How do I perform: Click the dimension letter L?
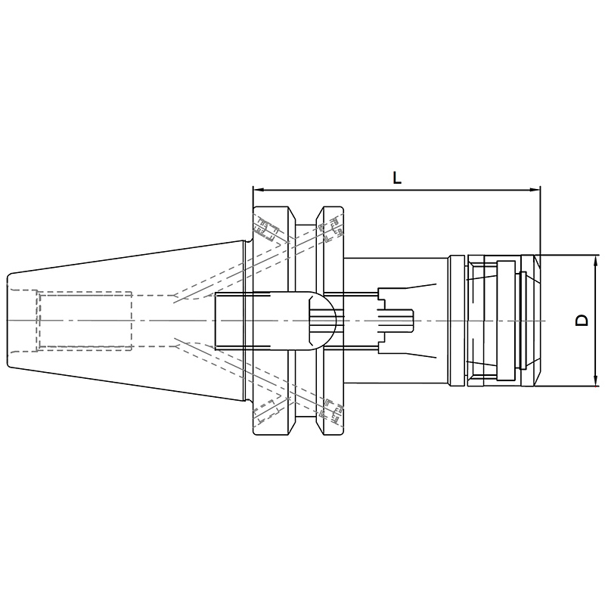396,178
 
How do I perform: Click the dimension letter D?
582,320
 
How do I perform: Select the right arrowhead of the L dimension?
535,190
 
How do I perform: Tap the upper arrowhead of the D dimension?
596,260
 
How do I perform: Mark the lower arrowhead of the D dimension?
596,381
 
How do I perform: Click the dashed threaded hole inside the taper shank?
85,321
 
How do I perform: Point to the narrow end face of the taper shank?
8,320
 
